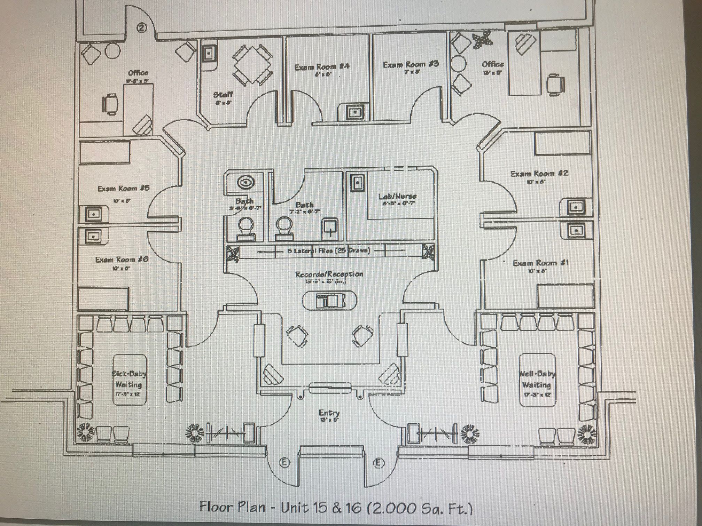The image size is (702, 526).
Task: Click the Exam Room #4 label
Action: pyautogui.click(x=322, y=67)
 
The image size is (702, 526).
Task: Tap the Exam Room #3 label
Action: pyautogui.click(x=411, y=64)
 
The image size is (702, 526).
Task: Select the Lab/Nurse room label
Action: pyautogui.click(x=397, y=197)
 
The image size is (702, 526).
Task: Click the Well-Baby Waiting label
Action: pyautogui.click(x=537, y=379)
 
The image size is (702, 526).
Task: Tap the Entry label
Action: pyautogui.click(x=329, y=413)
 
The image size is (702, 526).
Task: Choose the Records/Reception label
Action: pyautogui.click(x=329, y=274)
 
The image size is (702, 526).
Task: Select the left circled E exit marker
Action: pyautogui.click(x=285, y=463)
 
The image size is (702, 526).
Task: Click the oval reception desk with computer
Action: pyautogui.click(x=329, y=300)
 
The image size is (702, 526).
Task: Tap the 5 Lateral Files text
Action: pyautogui.click(x=329, y=251)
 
